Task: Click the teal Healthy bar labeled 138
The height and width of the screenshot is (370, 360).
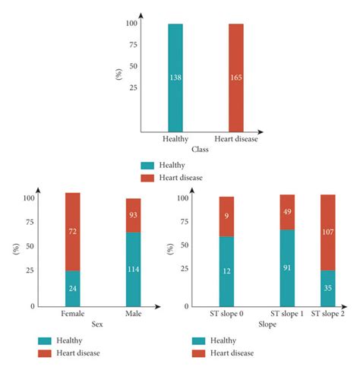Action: (x=175, y=77)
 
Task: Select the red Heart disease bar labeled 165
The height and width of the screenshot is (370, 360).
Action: (x=236, y=77)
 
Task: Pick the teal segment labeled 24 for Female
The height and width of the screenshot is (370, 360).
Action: (x=72, y=288)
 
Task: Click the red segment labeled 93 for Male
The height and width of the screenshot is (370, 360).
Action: (x=133, y=215)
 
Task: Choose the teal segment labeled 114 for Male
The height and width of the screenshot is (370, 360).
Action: (x=133, y=269)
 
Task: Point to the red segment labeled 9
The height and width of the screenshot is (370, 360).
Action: (x=227, y=217)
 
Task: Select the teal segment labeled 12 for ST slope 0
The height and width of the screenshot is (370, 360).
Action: (x=227, y=271)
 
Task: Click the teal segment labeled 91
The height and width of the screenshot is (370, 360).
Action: (x=286, y=267)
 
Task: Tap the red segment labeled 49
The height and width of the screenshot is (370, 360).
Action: (x=286, y=212)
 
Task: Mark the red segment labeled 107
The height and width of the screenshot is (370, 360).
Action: (x=328, y=232)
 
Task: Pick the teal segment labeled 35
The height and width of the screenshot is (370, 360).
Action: (x=328, y=288)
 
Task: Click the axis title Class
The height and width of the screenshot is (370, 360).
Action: (x=199, y=149)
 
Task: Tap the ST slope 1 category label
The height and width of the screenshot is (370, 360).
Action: (x=286, y=314)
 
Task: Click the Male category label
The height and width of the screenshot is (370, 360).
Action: (x=133, y=314)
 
